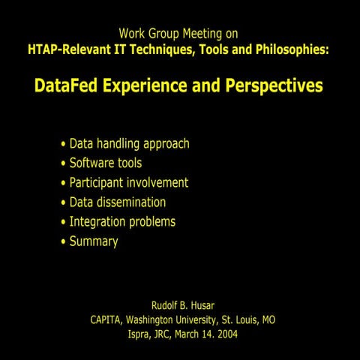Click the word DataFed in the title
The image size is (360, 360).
[x=64, y=85]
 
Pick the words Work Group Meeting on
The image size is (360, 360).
[x=178, y=33]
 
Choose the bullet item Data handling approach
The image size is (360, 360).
[x=129, y=144]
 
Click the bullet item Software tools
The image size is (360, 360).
[x=105, y=163]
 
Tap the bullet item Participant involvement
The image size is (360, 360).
[x=128, y=182]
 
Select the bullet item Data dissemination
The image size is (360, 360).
[x=118, y=202]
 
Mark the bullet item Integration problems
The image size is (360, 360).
[x=122, y=221]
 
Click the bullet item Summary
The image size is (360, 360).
[x=94, y=241]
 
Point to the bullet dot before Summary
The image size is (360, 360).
[x=62, y=242]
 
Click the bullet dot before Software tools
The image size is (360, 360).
[x=62, y=163]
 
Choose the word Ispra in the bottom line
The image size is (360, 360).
[x=141, y=334]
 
